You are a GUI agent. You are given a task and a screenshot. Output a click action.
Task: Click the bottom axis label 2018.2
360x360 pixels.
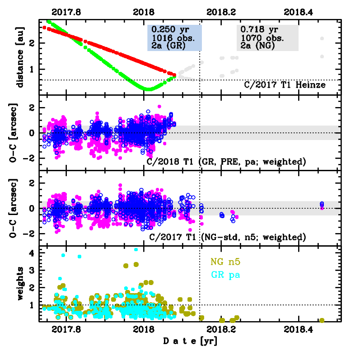[x=222, y=330]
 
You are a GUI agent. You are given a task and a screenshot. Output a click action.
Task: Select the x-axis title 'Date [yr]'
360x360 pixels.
[x=190, y=341]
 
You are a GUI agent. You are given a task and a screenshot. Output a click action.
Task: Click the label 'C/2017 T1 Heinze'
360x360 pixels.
[x=285, y=84]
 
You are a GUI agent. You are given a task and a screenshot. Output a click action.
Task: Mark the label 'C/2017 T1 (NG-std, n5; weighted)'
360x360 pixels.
[x=227, y=237]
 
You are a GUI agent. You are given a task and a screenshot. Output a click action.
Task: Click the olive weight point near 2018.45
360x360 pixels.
[x=322, y=320]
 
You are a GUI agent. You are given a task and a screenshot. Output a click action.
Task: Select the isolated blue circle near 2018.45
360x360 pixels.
[x=322, y=204]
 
